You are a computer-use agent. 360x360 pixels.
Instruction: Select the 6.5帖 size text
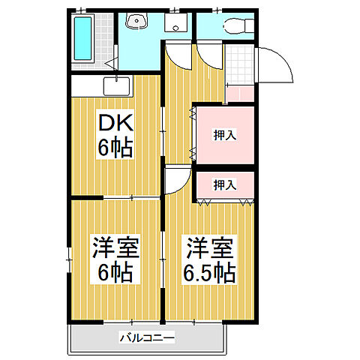[x=210, y=271]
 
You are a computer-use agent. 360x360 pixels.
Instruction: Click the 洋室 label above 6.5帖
[x=210, y=245]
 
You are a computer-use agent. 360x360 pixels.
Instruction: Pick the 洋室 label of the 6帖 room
[x=115, y=245]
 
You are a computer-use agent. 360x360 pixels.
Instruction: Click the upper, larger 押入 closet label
[x=224, y=136]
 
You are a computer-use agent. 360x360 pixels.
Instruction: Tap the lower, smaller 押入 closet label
[x=224, y=184]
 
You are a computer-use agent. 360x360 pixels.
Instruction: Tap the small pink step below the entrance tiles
[x=239, y=94]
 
